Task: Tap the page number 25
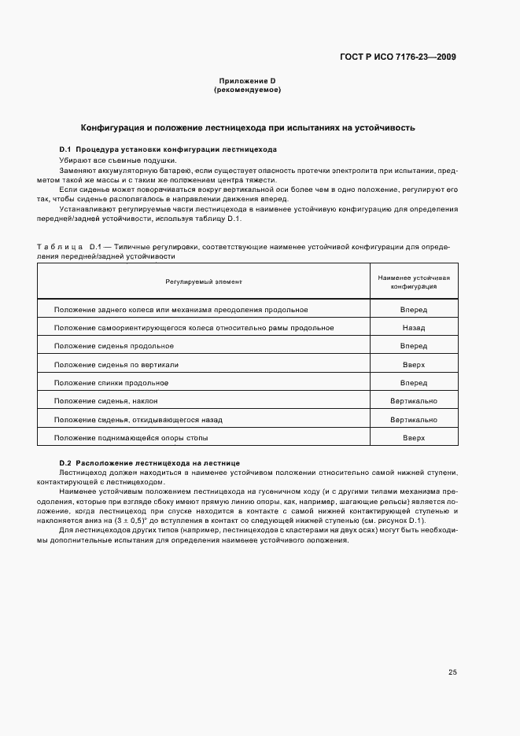click(x=452, y=672)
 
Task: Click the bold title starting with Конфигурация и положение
click(x=249, y=127)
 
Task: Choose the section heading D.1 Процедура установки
click(x=168, y=149)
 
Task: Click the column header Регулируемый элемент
click(x=204, y=281)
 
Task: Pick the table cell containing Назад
click(x=413, y=328)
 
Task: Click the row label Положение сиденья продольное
click(x=114, y=346)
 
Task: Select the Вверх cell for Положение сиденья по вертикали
click(x=413, y=365)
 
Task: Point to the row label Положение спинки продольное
click(x=111, y=383)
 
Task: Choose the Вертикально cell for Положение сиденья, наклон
click(x=413, y=401)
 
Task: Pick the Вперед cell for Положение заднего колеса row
click(x=413, y=310)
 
